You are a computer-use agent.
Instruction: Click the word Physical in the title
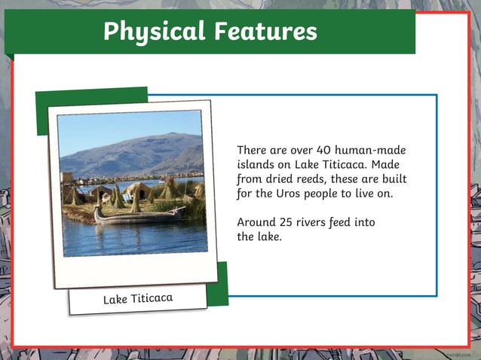click(154, 31)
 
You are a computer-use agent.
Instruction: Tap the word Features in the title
click(265, 31)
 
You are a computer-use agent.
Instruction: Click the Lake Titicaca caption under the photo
click(138, 298)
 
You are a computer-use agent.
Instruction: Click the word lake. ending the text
click(265, 237)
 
